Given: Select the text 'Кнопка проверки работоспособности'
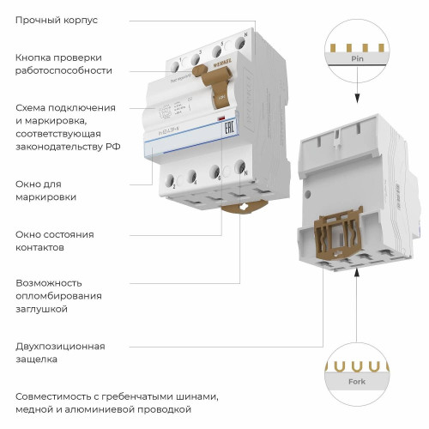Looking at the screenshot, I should pyautogui.click(x=67, y=64).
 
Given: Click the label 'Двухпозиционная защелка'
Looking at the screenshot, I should pyautogui.click(x=60, y=353).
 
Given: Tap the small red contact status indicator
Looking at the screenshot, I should pyautogui.click(x=221, y=118).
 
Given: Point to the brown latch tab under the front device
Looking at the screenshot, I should pyautogui.click(x=244, y=207).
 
